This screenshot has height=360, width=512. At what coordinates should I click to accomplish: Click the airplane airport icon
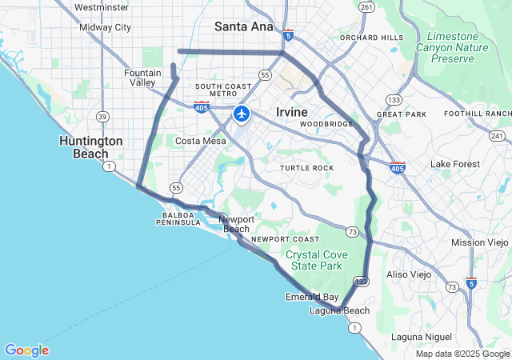(241, 114)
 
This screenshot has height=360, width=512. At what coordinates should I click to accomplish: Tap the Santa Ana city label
(244, 26)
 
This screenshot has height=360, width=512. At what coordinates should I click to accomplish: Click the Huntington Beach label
(91, 147)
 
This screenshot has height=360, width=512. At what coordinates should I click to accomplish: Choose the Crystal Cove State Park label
(314, 260)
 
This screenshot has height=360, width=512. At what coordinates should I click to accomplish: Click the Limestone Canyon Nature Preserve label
(458, 47)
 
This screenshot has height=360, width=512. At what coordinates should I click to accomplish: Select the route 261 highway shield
(366, 7)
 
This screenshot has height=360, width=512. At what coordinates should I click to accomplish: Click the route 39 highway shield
(102, 117)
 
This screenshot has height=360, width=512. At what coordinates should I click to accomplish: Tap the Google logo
(26, 350)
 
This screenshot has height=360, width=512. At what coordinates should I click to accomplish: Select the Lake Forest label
(455, 164)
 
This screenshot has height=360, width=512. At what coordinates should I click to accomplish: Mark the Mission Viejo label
(478, 242)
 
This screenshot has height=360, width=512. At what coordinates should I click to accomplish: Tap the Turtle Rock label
(306, 168)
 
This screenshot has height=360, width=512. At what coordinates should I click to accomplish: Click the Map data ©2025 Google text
(462, 354)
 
